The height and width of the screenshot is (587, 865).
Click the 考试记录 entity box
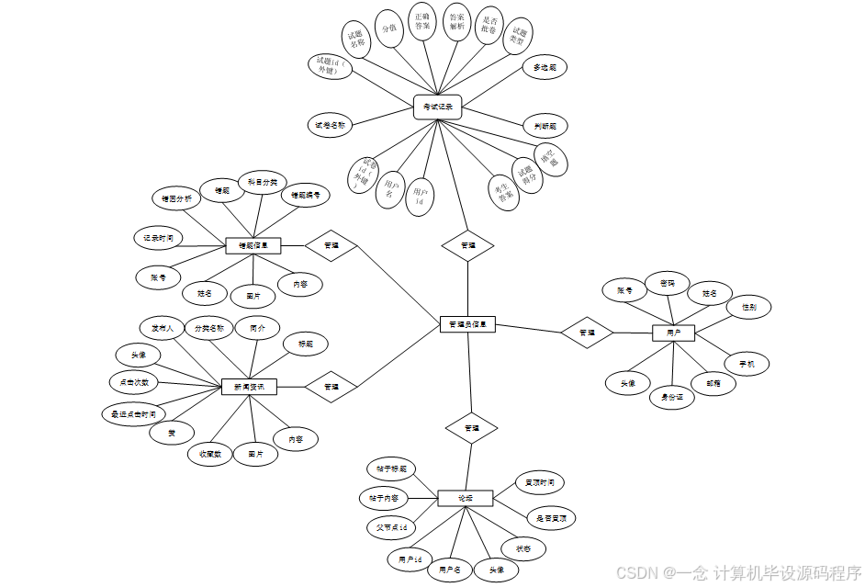[437, 107]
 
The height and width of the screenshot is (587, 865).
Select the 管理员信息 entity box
[467, 324]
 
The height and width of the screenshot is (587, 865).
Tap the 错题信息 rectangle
[253, 245]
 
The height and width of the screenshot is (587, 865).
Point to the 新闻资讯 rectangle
[249, 387]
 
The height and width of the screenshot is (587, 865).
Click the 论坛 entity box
[466, 498]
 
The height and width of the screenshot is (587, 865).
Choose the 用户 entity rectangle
[673, 332]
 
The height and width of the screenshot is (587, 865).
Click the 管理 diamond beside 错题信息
[331, 245]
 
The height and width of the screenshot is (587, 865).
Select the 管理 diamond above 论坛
[471, 428]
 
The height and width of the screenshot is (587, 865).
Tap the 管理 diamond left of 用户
[587, 332]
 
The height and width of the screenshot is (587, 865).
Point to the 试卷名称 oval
[330, 125]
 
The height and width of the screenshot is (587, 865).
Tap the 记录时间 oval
[157, 238]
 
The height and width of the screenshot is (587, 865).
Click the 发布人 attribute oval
[163, 328]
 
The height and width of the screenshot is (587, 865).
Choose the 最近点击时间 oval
[134, 414]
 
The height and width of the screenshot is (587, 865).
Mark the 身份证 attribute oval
[671, 397]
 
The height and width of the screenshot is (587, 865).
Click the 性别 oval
[748, 307]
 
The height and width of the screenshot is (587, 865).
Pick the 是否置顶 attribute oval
[551, 518]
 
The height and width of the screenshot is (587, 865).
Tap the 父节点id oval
[390, 528]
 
